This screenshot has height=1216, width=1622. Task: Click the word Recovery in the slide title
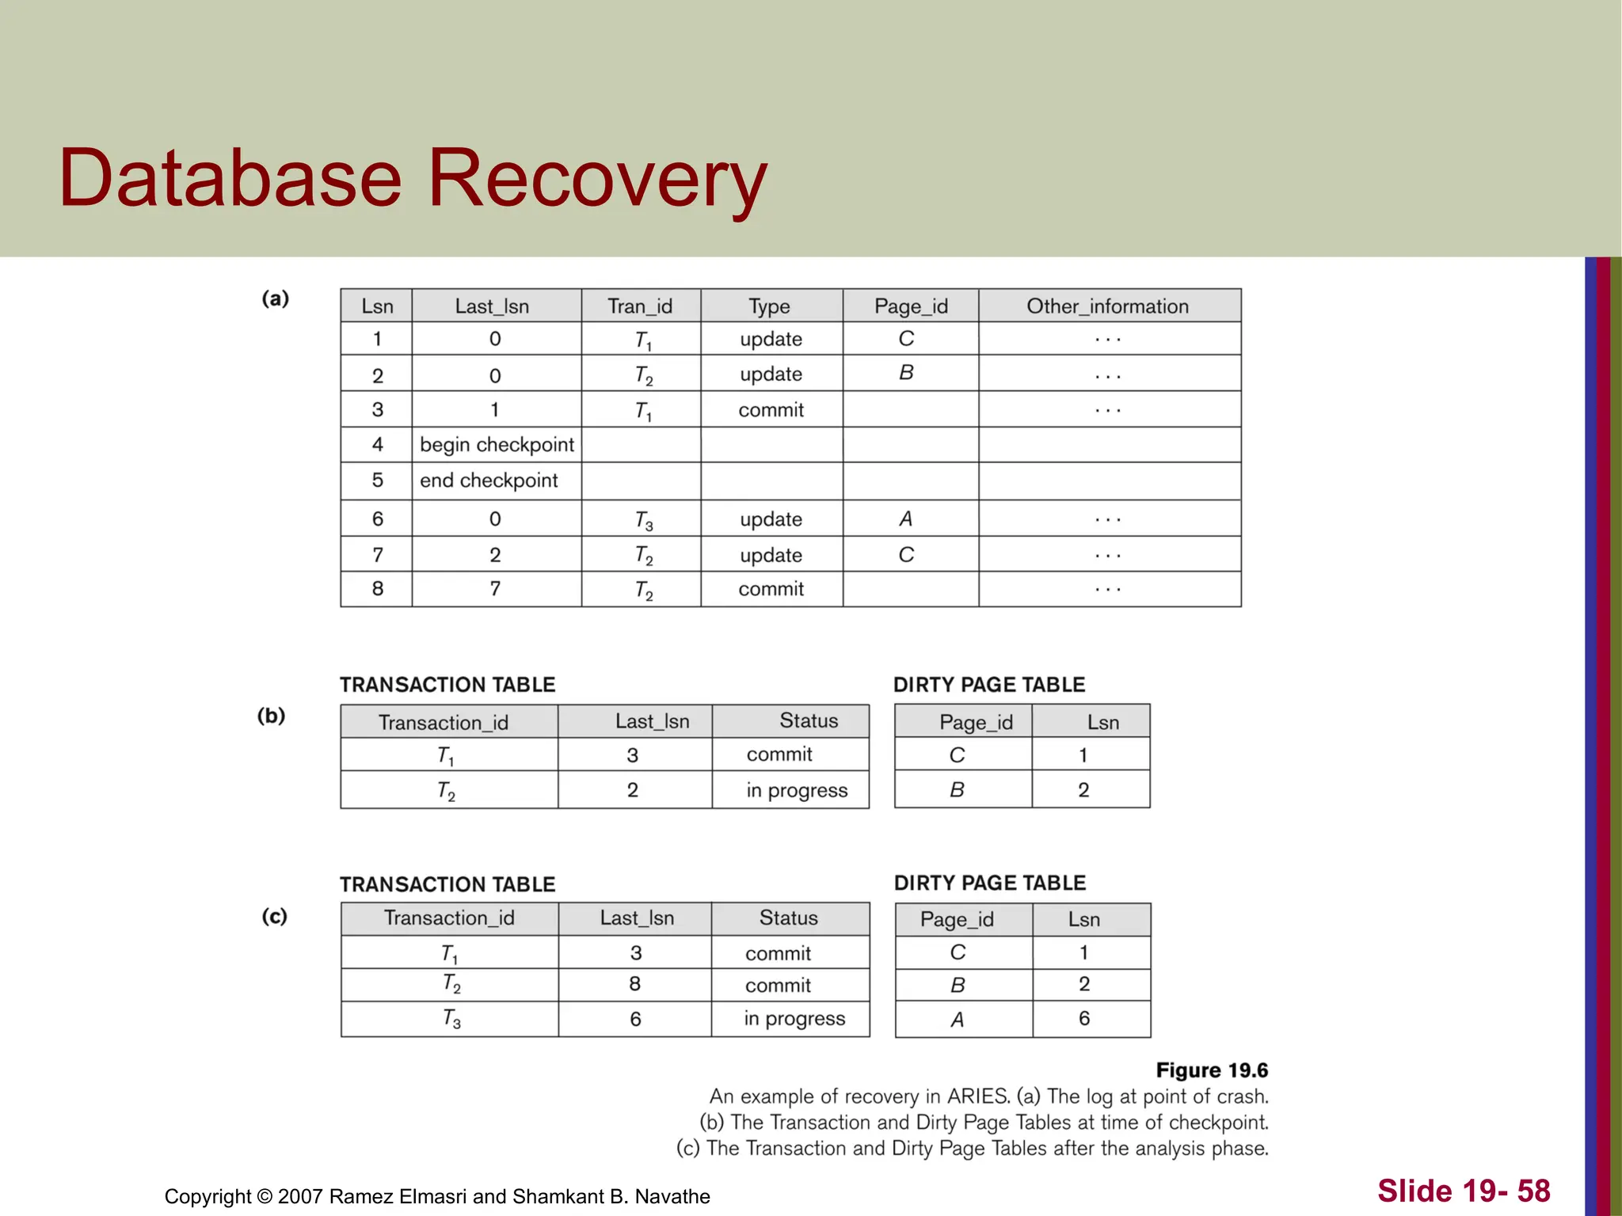coord(597,179)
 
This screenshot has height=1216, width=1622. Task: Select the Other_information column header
coord(1107,306)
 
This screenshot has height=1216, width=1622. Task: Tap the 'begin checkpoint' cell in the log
coord(497,445)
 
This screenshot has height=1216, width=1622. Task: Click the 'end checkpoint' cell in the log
coord(489,481)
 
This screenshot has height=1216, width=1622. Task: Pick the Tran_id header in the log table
coord(640,306)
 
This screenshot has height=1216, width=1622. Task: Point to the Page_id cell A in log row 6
coord(906,519)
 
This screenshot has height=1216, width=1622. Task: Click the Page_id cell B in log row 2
coord(906,373)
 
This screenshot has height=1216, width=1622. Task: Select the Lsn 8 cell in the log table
coord(378,589)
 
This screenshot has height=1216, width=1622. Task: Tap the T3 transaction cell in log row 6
coord(643,520)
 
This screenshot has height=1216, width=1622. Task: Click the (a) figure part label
coord(276,298)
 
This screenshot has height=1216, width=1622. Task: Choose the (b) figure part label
coord(271,716)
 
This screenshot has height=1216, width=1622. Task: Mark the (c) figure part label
coord(274,916)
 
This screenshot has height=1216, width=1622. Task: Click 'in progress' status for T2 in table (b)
coord(797,790)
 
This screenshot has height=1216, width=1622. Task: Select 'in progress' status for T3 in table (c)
coord(794,1019)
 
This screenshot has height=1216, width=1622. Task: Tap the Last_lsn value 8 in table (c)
coord(635,984)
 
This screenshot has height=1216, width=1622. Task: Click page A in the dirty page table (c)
coord(958,1020)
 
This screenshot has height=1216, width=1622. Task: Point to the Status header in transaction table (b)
coord(809,720)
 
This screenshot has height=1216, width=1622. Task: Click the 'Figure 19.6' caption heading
coord(1212,1070)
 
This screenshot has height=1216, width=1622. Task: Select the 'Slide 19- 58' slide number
coord(1464,1191)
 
